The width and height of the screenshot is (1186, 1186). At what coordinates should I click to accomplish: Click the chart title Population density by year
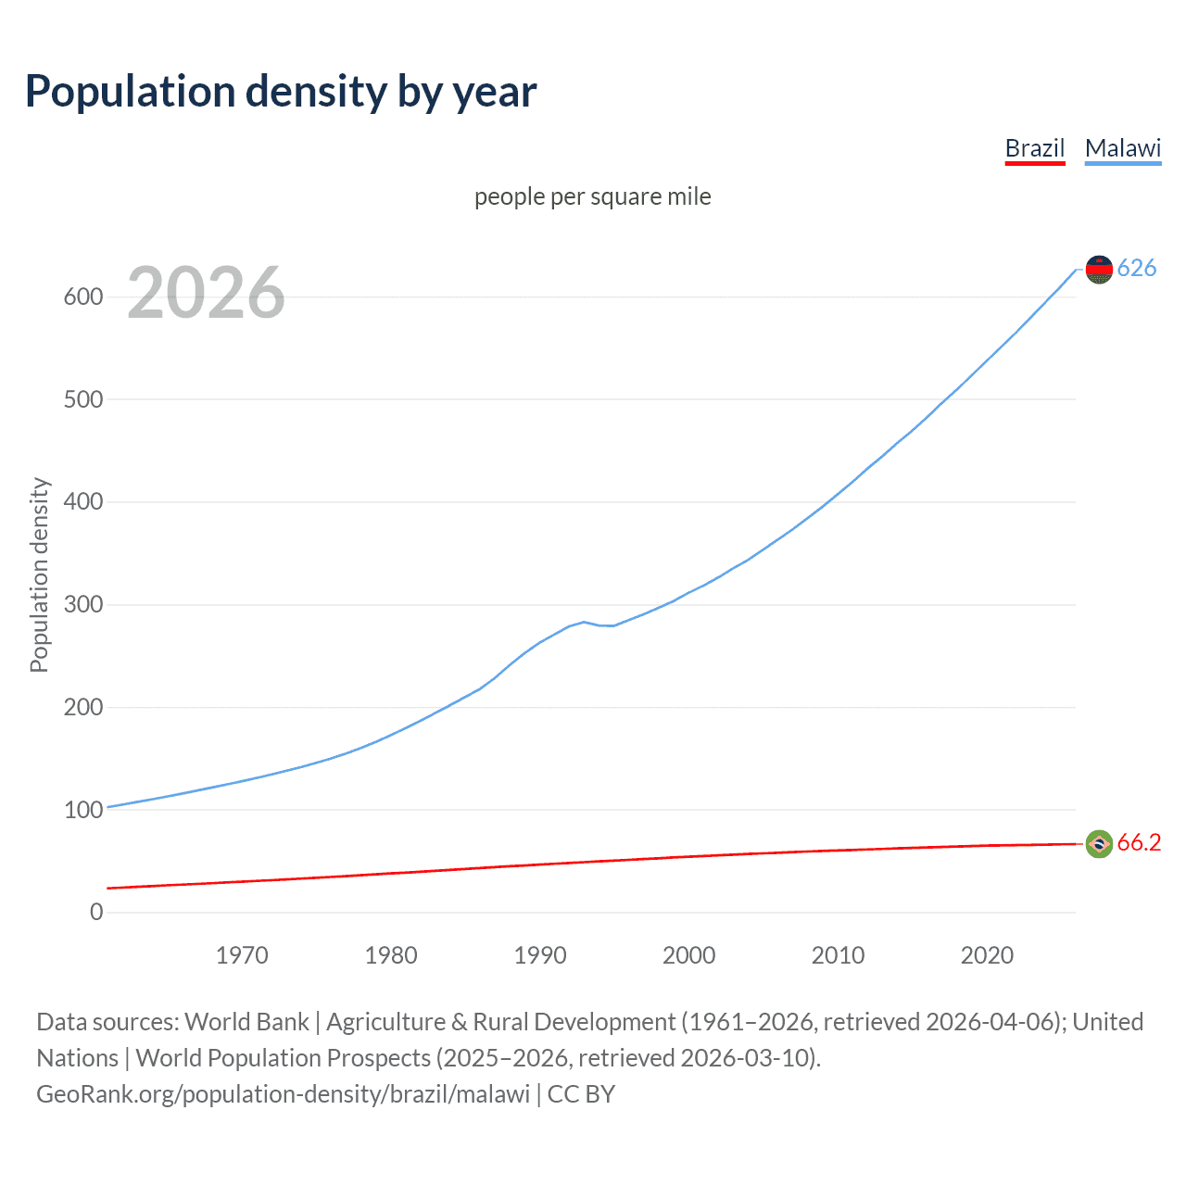pos(281,92)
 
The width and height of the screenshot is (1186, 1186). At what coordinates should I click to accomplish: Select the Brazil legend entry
pos(1034,148)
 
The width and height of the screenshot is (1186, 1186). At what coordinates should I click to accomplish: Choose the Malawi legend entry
pos(1122,148)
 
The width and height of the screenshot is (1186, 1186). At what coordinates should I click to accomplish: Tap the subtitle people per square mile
pos(592,196)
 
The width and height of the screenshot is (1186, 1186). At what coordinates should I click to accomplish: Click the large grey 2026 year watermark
pos(206,293)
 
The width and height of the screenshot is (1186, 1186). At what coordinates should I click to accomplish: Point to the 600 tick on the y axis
pos(82,297)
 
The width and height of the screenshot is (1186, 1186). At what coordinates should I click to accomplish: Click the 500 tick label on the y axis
pos(82,400)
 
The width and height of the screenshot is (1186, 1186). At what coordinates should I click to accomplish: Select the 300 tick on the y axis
pos(82,605)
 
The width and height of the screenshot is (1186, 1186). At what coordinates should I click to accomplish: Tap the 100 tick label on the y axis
pos(82,810)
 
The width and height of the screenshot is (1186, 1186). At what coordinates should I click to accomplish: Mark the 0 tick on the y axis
pos(96,912)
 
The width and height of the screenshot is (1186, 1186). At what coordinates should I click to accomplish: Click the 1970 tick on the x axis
pos(242,955)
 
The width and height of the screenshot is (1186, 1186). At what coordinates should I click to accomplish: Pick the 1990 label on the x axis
pos(540,955)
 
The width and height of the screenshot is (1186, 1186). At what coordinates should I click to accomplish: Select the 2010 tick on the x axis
pos(838,955)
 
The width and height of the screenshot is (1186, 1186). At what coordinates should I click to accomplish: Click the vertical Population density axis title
pos(39,574)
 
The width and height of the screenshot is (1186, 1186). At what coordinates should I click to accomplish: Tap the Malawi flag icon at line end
pos(1099,269)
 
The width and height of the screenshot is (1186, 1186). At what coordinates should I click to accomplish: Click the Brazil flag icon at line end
pos(1099,843)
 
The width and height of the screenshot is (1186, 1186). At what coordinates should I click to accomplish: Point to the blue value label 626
pos(1137,268)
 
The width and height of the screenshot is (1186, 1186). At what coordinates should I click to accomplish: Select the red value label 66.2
pos(1139,842)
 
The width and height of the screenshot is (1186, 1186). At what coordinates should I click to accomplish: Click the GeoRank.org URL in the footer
pos(283,1094)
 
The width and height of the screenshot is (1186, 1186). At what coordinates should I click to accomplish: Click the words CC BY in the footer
pos(581,1094)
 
